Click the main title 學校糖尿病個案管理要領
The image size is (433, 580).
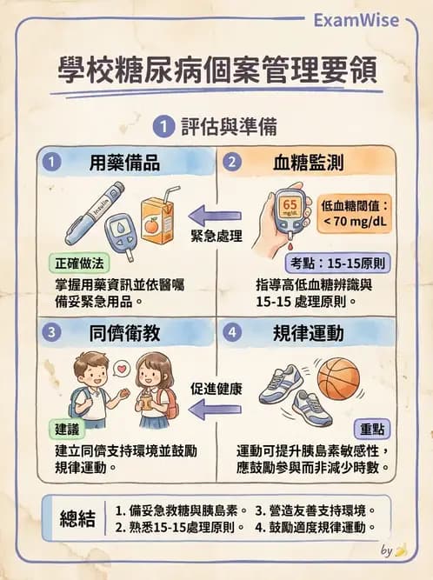(x=216, y=70)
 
